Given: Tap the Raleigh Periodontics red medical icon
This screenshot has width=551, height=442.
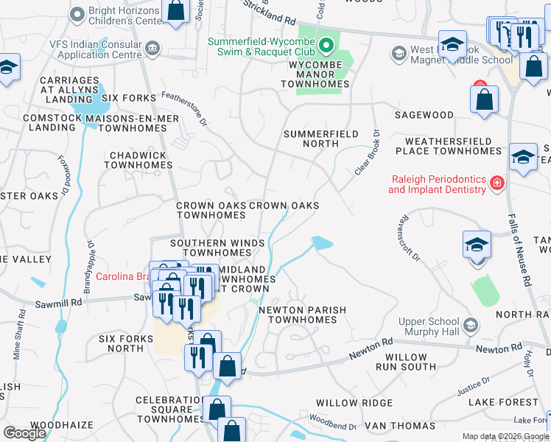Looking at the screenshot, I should (497, 182).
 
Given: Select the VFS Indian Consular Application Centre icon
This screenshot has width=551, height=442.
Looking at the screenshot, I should (152, 49).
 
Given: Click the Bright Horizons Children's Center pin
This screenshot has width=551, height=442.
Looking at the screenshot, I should (77, 14).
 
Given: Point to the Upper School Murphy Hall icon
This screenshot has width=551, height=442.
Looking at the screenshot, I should (470, 325).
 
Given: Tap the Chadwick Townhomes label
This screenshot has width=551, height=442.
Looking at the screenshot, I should (138, 161).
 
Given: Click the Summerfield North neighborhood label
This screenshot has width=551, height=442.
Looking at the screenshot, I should (320, 138).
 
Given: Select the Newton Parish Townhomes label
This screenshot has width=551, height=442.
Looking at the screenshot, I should (302, 315).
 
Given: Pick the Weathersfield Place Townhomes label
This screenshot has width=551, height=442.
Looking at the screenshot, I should (448, 146).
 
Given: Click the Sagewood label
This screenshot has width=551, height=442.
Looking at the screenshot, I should (424, 115).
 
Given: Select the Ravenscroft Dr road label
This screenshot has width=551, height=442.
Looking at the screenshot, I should (408, 238).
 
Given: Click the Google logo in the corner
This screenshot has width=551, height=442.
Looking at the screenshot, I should (24, 433).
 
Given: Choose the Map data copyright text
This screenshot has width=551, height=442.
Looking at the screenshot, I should (505, 436).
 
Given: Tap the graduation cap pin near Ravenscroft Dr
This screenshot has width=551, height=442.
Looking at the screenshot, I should (477, 245).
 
